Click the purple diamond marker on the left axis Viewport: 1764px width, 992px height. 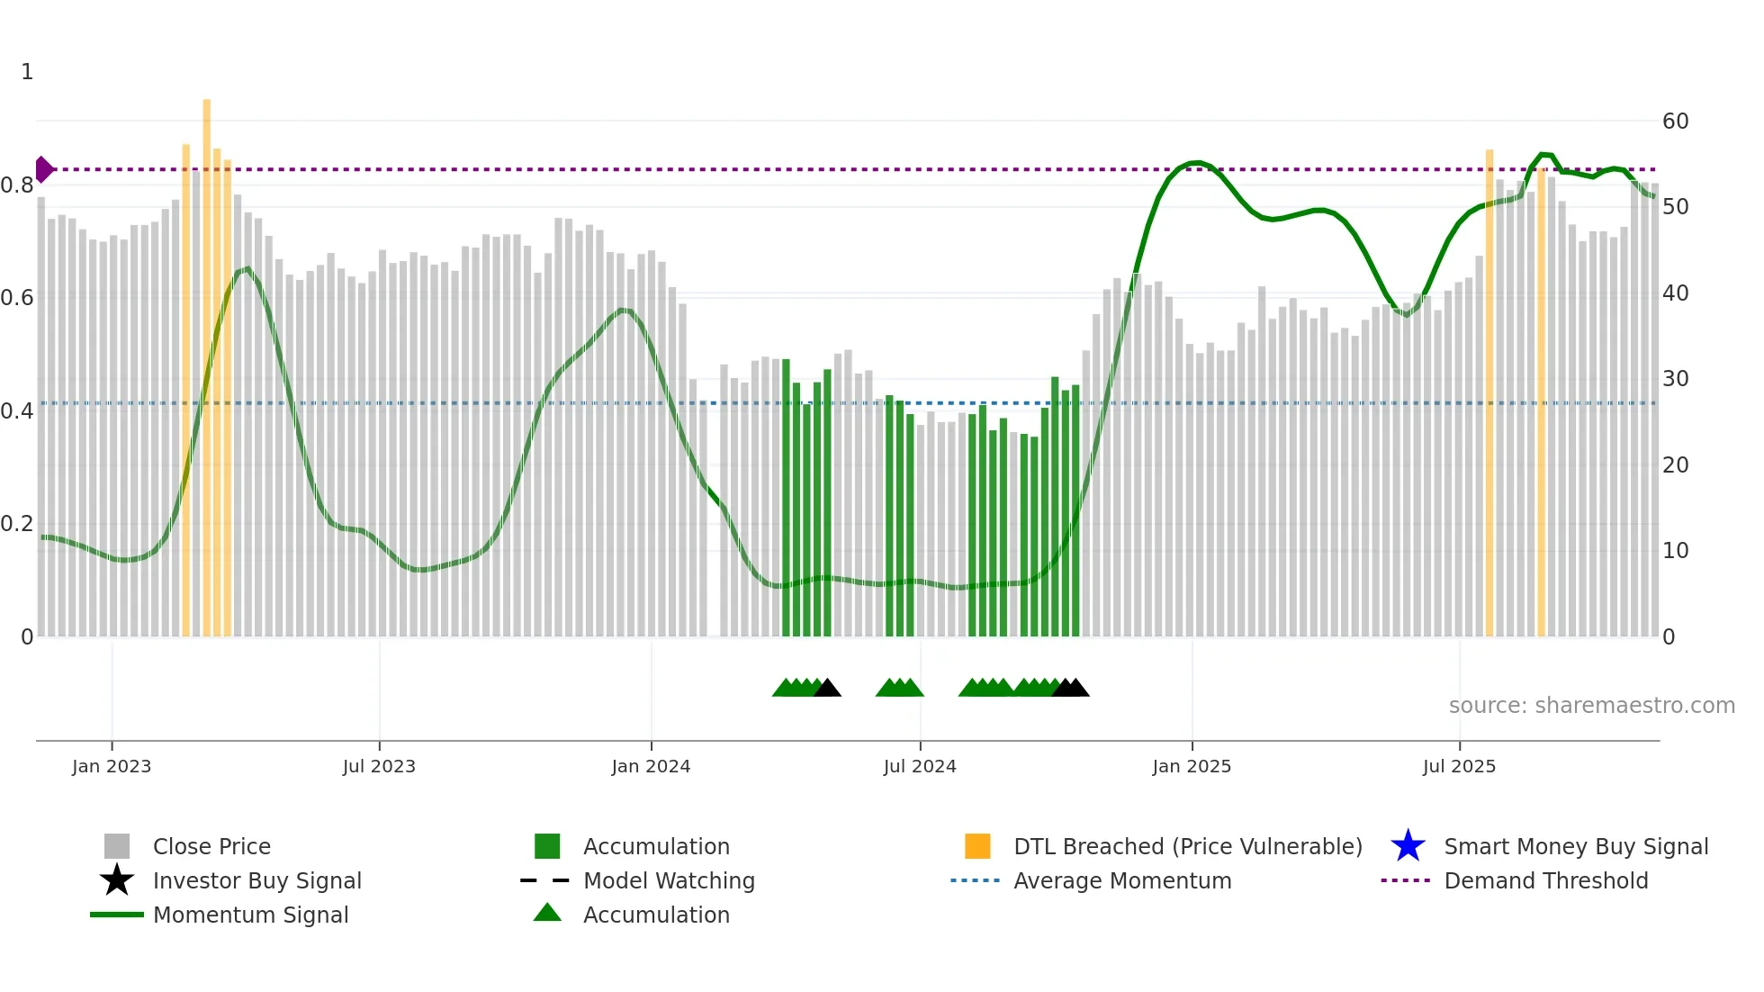43,169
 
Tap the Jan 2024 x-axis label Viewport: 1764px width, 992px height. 651,767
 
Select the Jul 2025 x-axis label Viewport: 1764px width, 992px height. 1459,767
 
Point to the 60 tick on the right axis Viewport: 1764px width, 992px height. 1675,122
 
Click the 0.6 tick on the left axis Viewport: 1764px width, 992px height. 18,298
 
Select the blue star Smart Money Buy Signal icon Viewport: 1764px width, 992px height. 1408,846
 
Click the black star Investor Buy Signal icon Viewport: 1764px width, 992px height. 117,880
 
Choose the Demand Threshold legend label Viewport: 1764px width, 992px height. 1545,880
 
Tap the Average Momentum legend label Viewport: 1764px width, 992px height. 1122,880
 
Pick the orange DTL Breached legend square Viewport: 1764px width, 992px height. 977,846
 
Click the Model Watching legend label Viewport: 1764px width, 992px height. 669,880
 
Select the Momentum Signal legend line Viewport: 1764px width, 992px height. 117,915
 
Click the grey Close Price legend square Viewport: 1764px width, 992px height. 117,846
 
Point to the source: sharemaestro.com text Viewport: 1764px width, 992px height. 1591,706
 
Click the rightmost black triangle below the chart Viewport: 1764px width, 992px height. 1076,689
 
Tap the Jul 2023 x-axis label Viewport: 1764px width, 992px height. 379,767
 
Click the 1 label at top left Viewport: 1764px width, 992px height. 27,72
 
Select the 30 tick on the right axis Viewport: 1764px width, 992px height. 1675,379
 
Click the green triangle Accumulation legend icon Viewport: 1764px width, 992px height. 547,914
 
